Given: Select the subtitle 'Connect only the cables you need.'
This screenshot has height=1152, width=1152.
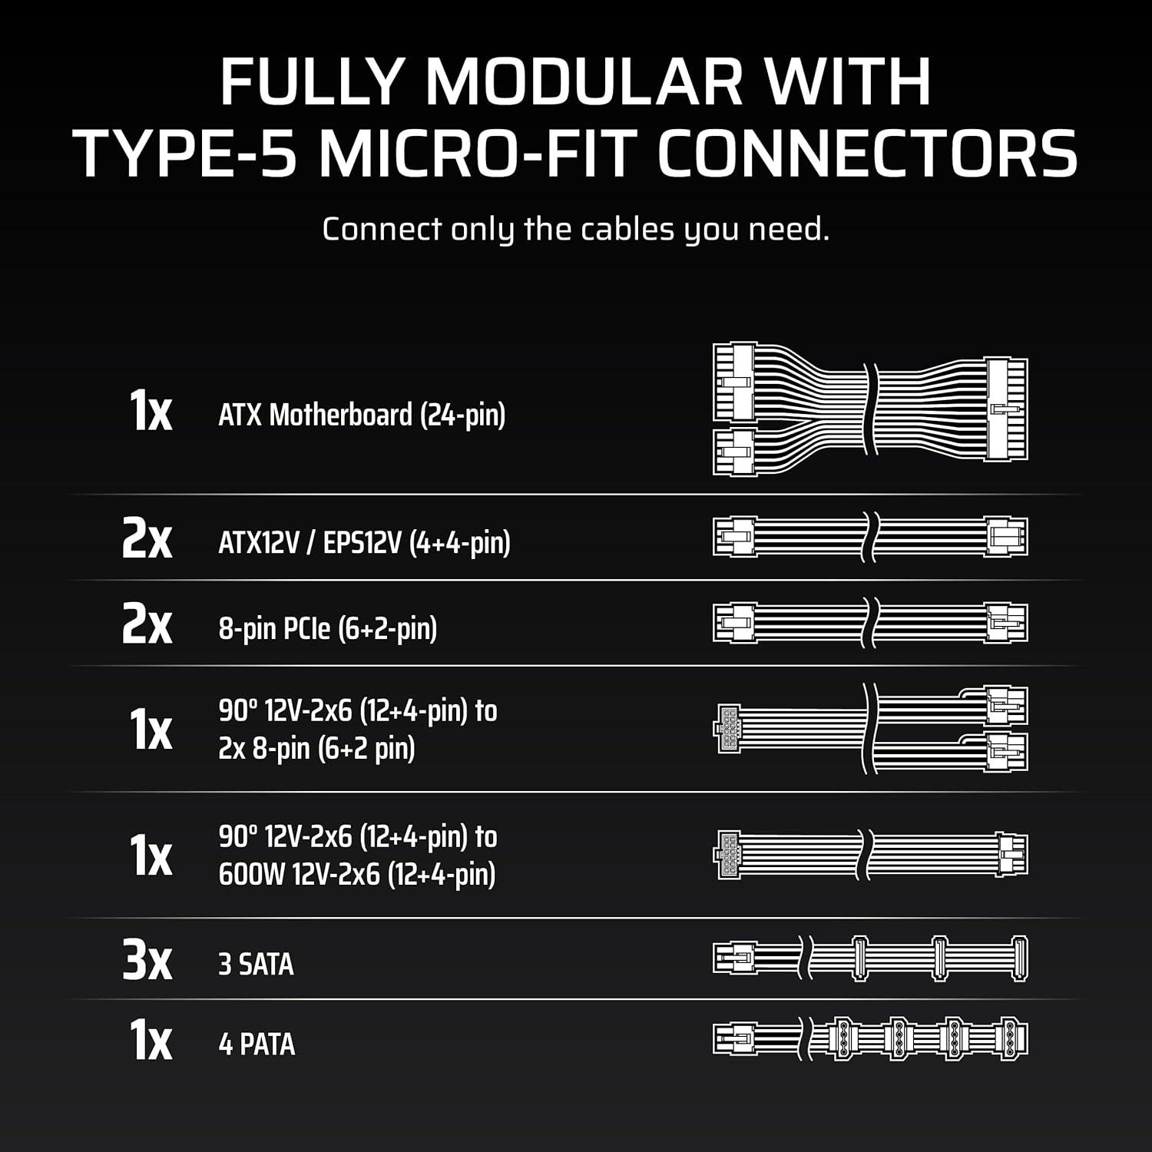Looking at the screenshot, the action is click(576, 230).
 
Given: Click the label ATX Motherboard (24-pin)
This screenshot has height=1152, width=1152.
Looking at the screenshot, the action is click(362, 415).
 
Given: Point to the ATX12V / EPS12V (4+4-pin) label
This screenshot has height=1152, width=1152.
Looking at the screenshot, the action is click(364, 543).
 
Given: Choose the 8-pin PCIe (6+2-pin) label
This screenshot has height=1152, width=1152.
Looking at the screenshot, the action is click(328, 629).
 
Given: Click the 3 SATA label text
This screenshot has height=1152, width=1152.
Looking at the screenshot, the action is click(256, 965).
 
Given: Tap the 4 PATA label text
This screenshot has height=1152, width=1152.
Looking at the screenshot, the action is click(257, 1044).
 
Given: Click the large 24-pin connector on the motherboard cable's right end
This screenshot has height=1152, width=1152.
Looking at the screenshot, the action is click(1007, 409).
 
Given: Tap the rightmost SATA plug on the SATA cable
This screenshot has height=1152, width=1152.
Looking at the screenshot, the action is click(1020, 958).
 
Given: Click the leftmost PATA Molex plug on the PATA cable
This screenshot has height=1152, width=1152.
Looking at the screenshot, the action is click(842, 1040).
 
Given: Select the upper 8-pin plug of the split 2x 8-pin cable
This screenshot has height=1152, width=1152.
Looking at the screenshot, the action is click(1007, 705).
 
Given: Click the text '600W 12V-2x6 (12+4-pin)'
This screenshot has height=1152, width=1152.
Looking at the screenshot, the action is click(357, 875).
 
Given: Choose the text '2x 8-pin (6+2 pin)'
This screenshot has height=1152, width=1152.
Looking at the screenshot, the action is click(316, 749).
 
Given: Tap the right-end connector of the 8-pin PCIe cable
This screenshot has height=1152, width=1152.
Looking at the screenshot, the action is click(1007, 624).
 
